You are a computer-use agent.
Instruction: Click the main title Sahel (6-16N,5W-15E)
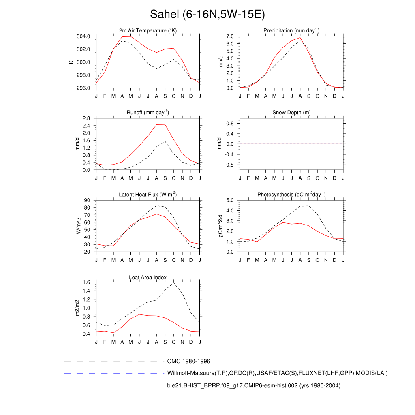207,15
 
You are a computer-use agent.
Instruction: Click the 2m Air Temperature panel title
148,30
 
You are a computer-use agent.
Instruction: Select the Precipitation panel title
291,30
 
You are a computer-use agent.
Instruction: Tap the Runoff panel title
148,112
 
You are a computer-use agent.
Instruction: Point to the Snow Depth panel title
291,112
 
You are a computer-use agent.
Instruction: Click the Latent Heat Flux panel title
148,195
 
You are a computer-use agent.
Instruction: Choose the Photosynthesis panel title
291,195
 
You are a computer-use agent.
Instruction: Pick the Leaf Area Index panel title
148,277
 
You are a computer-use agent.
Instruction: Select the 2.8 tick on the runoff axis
86,118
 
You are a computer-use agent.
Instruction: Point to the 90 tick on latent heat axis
87,201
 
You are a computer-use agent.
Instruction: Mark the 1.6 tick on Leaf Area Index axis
86,283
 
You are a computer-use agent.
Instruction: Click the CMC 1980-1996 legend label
188,361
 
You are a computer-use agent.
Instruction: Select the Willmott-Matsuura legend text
277,373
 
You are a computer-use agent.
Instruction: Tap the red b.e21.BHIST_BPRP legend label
254,386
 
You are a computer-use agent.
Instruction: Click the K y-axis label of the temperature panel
71,62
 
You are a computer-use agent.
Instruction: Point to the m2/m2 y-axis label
77,308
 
